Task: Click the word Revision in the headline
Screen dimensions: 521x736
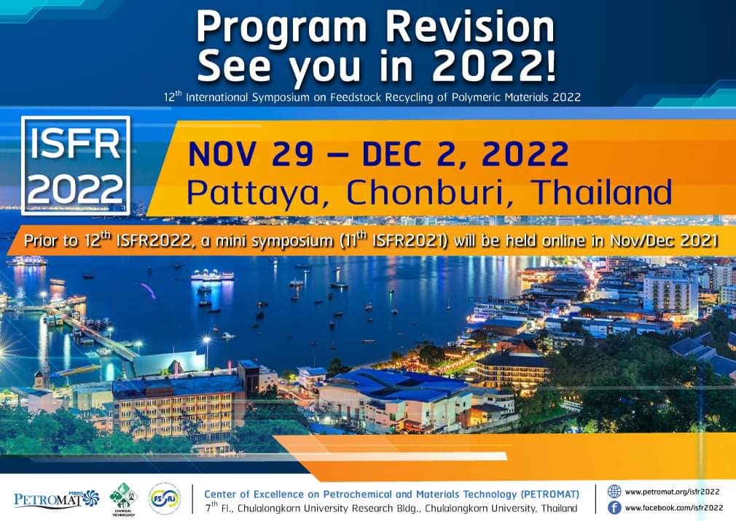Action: click(470, 27)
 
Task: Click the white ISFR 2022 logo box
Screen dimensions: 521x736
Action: click(76, 165)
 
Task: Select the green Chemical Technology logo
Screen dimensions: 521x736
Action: click(123, 498)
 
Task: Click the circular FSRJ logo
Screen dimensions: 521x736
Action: click(163, 498)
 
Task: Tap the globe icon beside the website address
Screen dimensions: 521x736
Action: click(614, 491)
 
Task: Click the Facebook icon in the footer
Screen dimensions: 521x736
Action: click(614, 508)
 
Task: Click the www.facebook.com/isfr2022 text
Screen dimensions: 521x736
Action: click(674, 508)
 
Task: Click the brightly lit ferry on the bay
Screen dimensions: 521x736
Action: click(212, 275)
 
